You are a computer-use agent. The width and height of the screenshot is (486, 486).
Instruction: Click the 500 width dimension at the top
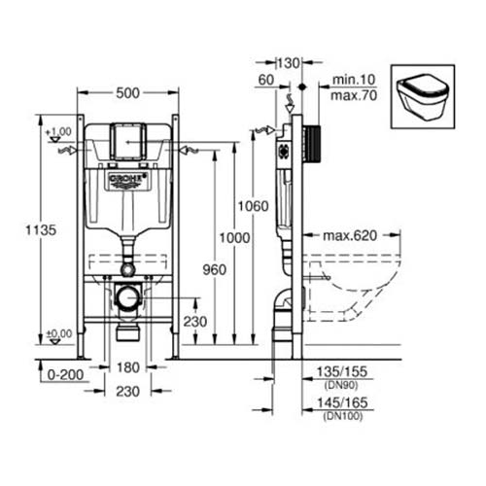[x=128, y=92]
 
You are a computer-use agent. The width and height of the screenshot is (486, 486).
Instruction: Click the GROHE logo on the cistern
[x=127, y=180]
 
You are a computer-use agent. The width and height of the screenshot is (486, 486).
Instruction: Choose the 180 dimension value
[x=128, y=368]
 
